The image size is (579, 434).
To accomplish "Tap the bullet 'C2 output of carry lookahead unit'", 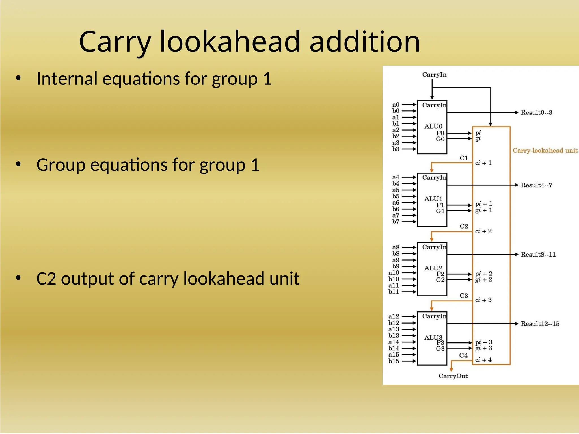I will pyautogui.click(x=168, y=279).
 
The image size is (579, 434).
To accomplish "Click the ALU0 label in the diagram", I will pyautogui.click(x=433, y=126).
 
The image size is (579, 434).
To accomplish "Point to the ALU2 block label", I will pyautogui.click(x=433, y=268).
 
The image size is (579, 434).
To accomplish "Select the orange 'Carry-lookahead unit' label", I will pyautogui.click(x=545, y=150).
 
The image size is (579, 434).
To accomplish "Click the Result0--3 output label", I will pyautogui.click(x=536, y=112).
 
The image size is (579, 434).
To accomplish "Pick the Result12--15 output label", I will pyautogui.click(x=540, y=324).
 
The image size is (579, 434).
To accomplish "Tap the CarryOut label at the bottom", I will pyautogui.click(x=453, y=376).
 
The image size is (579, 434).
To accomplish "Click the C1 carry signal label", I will pyautogui.click(x=464, y=158).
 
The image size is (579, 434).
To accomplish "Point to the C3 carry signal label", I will pyautogui.click(x=464, y=296).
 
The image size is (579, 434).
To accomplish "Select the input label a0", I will pyautogui.click(x=396, y=105).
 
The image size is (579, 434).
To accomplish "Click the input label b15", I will pyautogui.click(x=394, y=361).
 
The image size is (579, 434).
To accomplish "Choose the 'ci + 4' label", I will pyautogui.click(x=483, y=360).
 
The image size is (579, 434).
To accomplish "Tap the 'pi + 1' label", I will pyautogui.click(x=484, y=204).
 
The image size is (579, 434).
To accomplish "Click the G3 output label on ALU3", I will pyautogui.click(x=440, y=348).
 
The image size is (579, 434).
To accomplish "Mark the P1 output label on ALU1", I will pyautogui.click(x=440, y=205).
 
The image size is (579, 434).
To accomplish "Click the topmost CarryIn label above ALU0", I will pyautogui.click(x=434, y=75).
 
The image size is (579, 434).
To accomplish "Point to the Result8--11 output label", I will pyautogui.click(x=538, y=254).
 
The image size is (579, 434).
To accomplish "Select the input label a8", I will pyautogui.click(x=396, y=247).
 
